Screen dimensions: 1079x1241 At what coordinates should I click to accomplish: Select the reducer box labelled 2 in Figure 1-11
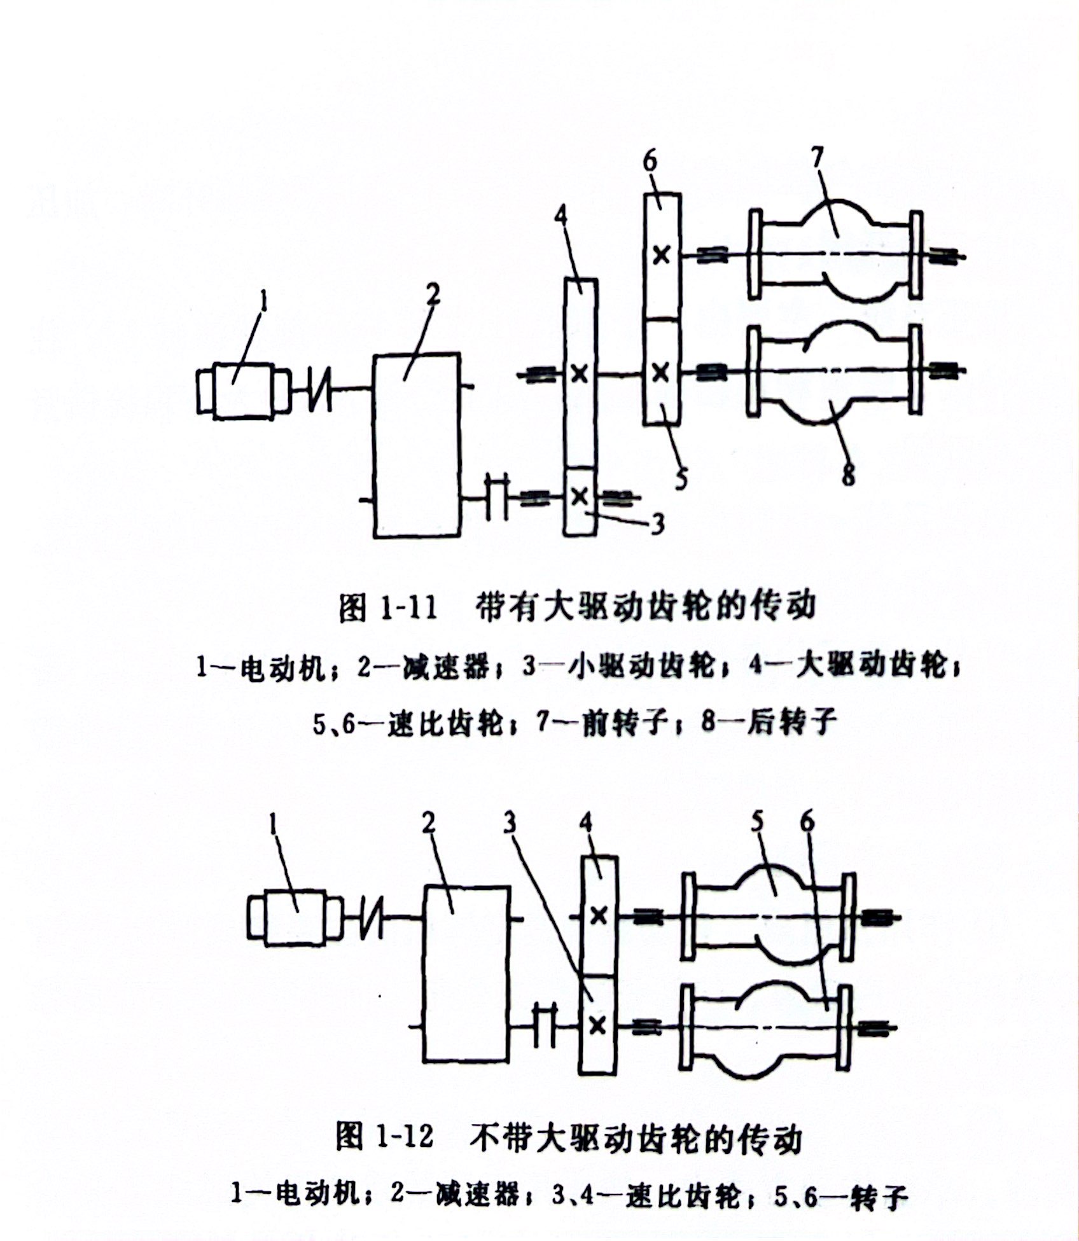tap(417, 445)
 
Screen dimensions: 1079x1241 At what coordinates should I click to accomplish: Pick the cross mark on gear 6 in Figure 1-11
tap(662, 255)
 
